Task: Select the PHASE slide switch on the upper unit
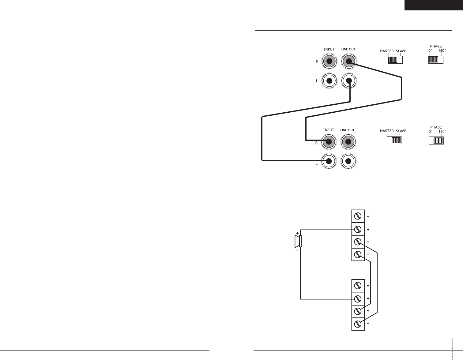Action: [436, 59]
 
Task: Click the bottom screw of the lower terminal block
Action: [358, 324]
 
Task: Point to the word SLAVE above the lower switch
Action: [401, 131]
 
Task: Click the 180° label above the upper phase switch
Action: [441, 50]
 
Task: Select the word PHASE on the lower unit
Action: [436, 127]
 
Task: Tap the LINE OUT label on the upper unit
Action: [348, 49]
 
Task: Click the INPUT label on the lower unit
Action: [329, 130]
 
